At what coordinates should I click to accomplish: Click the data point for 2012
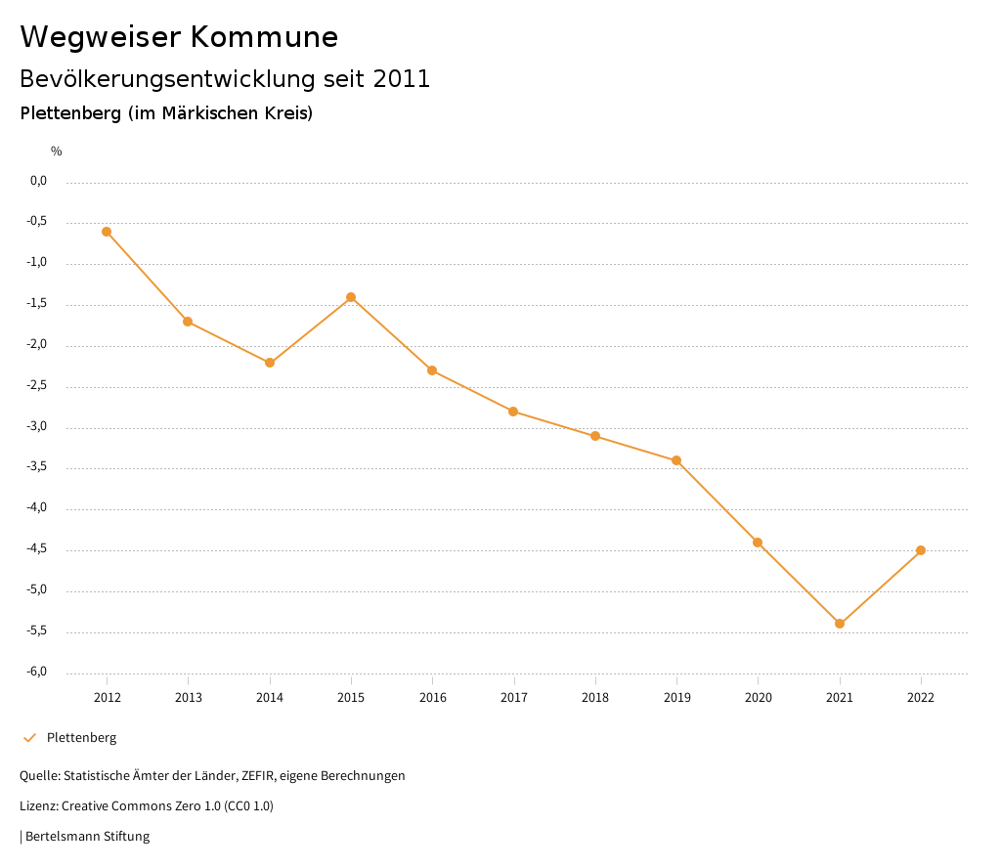coord(107,232)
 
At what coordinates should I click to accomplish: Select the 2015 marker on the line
coord(351,297)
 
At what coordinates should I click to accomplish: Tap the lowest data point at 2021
coord(840,624)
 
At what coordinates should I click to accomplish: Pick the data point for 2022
coord(921,550)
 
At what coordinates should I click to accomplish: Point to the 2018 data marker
coord(595,436)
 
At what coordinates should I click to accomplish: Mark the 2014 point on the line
coord(270,363)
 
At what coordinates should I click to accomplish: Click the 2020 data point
coord(758,542)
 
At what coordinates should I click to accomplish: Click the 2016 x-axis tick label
coord(432,698)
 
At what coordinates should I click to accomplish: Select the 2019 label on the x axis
coord(676,698)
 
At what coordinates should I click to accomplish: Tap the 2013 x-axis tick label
coord(188,698)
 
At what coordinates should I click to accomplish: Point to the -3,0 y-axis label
coord(38,427)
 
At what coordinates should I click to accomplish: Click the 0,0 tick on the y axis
coord(39,181)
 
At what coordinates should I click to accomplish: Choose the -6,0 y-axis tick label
coord(38,673)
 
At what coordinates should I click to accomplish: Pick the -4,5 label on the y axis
coord(38,549)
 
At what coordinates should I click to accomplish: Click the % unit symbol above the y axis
coord(57,152)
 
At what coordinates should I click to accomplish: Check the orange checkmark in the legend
coord(29,738)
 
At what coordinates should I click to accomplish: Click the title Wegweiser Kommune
coord(179,37)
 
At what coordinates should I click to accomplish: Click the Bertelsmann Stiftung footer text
coord(87,837)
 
